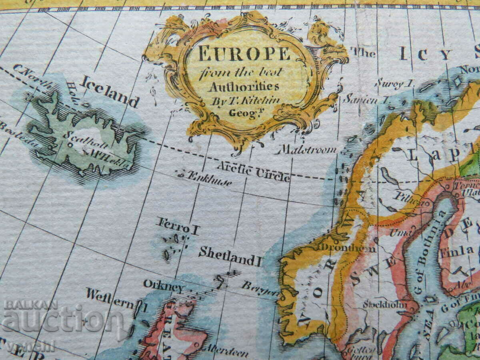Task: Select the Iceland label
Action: tap(109, 91)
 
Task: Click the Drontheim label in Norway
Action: tap(347, 248)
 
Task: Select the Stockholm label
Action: tap(384, 305)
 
